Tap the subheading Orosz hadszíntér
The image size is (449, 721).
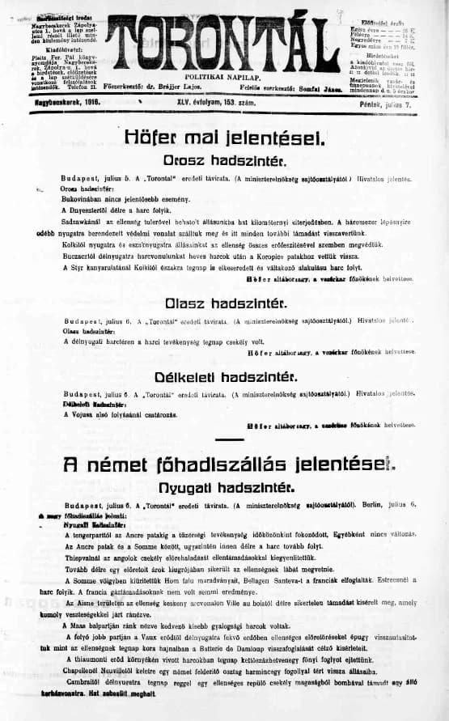225,160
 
